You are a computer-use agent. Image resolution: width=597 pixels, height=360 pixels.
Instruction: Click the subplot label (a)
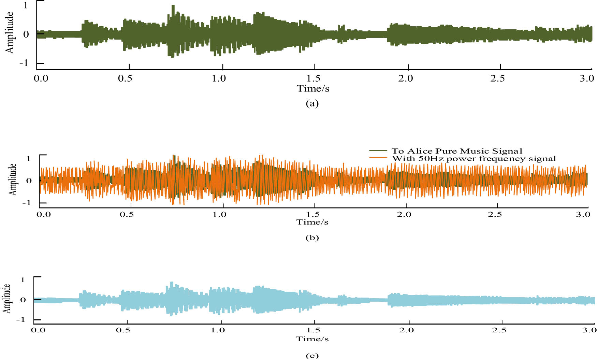[x=312, y=103]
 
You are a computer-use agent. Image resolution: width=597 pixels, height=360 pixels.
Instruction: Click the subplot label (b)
[x=312, y=237]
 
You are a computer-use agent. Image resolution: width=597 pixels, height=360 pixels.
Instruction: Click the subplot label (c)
[x=312, y=356]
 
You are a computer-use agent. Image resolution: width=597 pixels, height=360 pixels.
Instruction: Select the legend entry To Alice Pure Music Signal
[x=457, y=151]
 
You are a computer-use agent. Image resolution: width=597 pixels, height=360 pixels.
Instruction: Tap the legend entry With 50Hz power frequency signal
[x=474, y=158]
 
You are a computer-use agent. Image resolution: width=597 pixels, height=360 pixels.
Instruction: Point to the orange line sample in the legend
[x=378, y=158]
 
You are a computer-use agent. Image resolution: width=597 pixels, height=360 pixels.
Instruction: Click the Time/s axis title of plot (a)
[x=313, y=89]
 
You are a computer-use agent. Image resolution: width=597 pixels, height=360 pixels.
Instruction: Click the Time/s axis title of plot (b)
[x=312, y=222]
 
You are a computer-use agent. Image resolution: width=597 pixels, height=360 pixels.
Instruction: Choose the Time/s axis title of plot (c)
[x=312, y=339]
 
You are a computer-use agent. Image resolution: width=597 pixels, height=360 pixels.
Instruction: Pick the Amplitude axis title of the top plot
[x=10, y=32]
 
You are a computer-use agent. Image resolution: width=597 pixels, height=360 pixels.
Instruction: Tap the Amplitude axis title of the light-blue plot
[x=7, y=299]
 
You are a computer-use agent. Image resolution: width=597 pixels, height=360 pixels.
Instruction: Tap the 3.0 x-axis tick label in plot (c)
[x=589, y=330]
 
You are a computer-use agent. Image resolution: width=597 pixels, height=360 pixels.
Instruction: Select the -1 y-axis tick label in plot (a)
[x=24, y=63]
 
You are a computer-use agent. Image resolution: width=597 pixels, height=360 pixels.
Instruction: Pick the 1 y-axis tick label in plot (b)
[x=28, y=158]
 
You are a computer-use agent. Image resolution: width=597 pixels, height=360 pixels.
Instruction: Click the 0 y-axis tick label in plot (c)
[x=23, y=300]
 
